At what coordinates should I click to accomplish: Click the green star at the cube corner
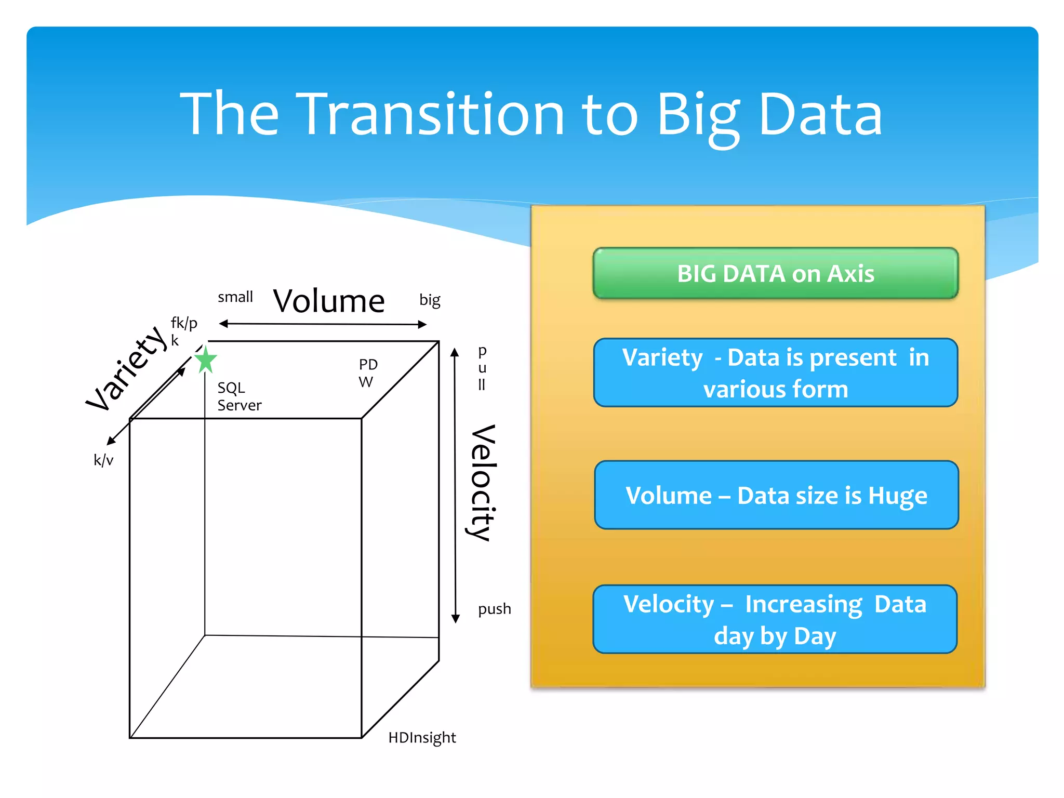pos(206,360)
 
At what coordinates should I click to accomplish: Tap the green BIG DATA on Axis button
pos(775,274)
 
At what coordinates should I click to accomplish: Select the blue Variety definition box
pos(775,373)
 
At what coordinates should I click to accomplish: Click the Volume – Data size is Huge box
pos(776,495)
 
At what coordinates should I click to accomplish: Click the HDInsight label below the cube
pos(422,738)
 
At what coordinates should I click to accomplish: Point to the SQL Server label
pos(239,396)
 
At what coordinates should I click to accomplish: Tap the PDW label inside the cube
pos(367,373)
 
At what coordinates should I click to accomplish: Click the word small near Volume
pos(235,297)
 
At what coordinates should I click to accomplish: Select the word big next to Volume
pos(430,300)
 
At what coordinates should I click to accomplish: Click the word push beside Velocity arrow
pos(494,609)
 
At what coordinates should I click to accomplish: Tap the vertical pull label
pos(482,368)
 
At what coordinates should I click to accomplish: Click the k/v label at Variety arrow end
pos(103,460)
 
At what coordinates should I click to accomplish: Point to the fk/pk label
pos(183,331)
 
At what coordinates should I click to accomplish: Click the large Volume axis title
pos(329,301)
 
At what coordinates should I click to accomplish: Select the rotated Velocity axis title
pos(482,483)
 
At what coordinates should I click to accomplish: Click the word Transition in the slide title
pos(433,114)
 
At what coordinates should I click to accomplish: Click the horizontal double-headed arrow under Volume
pos(322,324)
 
